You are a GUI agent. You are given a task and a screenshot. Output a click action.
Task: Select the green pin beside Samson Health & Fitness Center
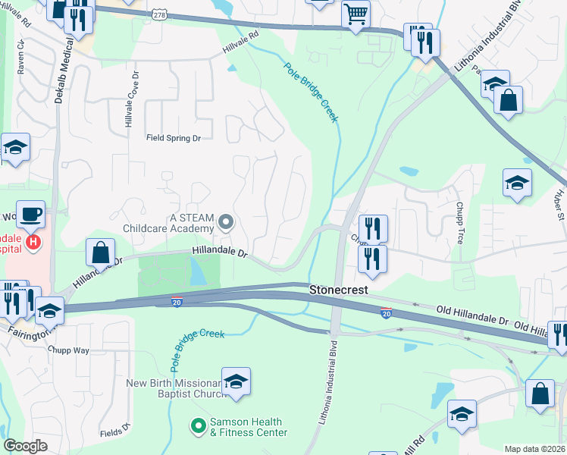198,427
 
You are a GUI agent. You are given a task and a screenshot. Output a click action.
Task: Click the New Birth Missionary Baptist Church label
176,388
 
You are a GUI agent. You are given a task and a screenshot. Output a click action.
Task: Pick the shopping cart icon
355,13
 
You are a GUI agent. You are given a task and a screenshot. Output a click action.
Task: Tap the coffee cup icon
30,214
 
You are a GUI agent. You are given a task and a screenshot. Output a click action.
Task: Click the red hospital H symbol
33,243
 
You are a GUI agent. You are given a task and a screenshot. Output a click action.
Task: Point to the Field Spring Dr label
174,138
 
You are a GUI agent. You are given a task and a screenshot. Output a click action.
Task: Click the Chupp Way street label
68,350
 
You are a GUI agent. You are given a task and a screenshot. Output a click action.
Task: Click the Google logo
25,446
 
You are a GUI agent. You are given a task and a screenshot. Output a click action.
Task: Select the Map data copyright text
534,449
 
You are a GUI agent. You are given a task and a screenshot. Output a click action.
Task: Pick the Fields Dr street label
115,434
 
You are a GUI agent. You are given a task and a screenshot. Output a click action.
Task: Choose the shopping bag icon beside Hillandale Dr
100,252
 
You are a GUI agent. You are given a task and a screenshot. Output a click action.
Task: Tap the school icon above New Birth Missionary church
236,380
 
